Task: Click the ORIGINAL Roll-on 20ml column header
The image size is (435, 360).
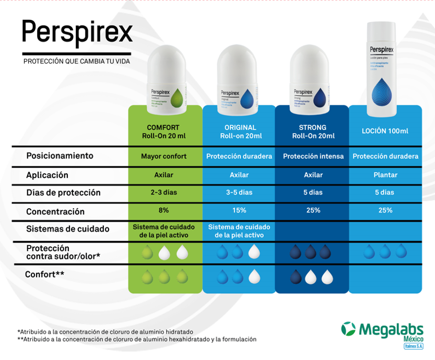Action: (x=240, y=131)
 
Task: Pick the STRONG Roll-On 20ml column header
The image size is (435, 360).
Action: (x=313, y=131)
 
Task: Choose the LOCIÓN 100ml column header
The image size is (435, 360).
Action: (x=385, y=131)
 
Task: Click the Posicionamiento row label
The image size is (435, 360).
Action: (x=60, y=156)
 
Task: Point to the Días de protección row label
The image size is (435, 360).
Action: (x=63, y=193)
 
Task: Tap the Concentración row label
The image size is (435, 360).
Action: (x=55, y=212)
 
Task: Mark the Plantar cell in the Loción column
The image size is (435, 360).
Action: (x=385, y=175)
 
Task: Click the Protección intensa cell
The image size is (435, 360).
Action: (x=313, y=157)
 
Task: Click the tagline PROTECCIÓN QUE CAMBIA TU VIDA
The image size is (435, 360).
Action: (x=77, y=62)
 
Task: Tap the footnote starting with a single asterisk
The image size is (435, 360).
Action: (x=105, y=331)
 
